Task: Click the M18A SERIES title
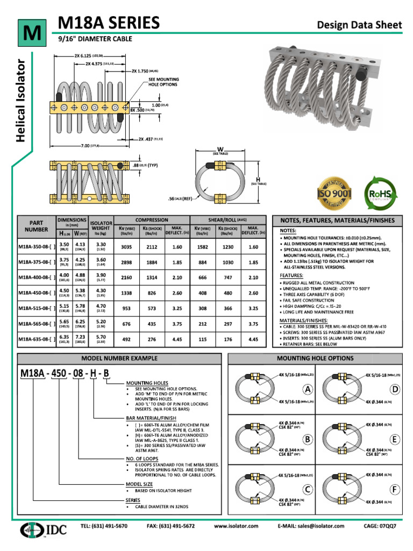[109, 23]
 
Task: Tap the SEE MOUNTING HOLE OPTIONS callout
[163, 82]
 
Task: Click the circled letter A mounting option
[308, 389]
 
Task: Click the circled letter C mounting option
[308, 490]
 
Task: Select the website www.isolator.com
[236, 526]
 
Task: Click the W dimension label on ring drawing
[219, 150]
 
